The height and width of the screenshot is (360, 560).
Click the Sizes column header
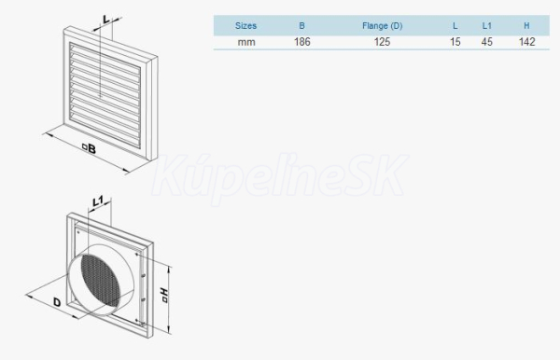click(245, 26)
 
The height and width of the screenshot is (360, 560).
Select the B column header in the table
click(301, 26)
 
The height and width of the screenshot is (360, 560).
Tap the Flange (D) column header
click(382, 26)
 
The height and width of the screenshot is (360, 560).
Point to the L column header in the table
click(455, 26)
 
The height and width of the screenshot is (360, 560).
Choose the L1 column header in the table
click(487, 26)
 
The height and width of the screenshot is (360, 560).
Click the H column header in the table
click(526, 26)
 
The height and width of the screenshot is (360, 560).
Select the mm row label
click(246, 42)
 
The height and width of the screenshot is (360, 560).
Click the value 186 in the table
click(302, 42)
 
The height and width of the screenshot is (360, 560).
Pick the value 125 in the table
click(382, 42)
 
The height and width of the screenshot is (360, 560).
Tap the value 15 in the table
click(455, 42)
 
